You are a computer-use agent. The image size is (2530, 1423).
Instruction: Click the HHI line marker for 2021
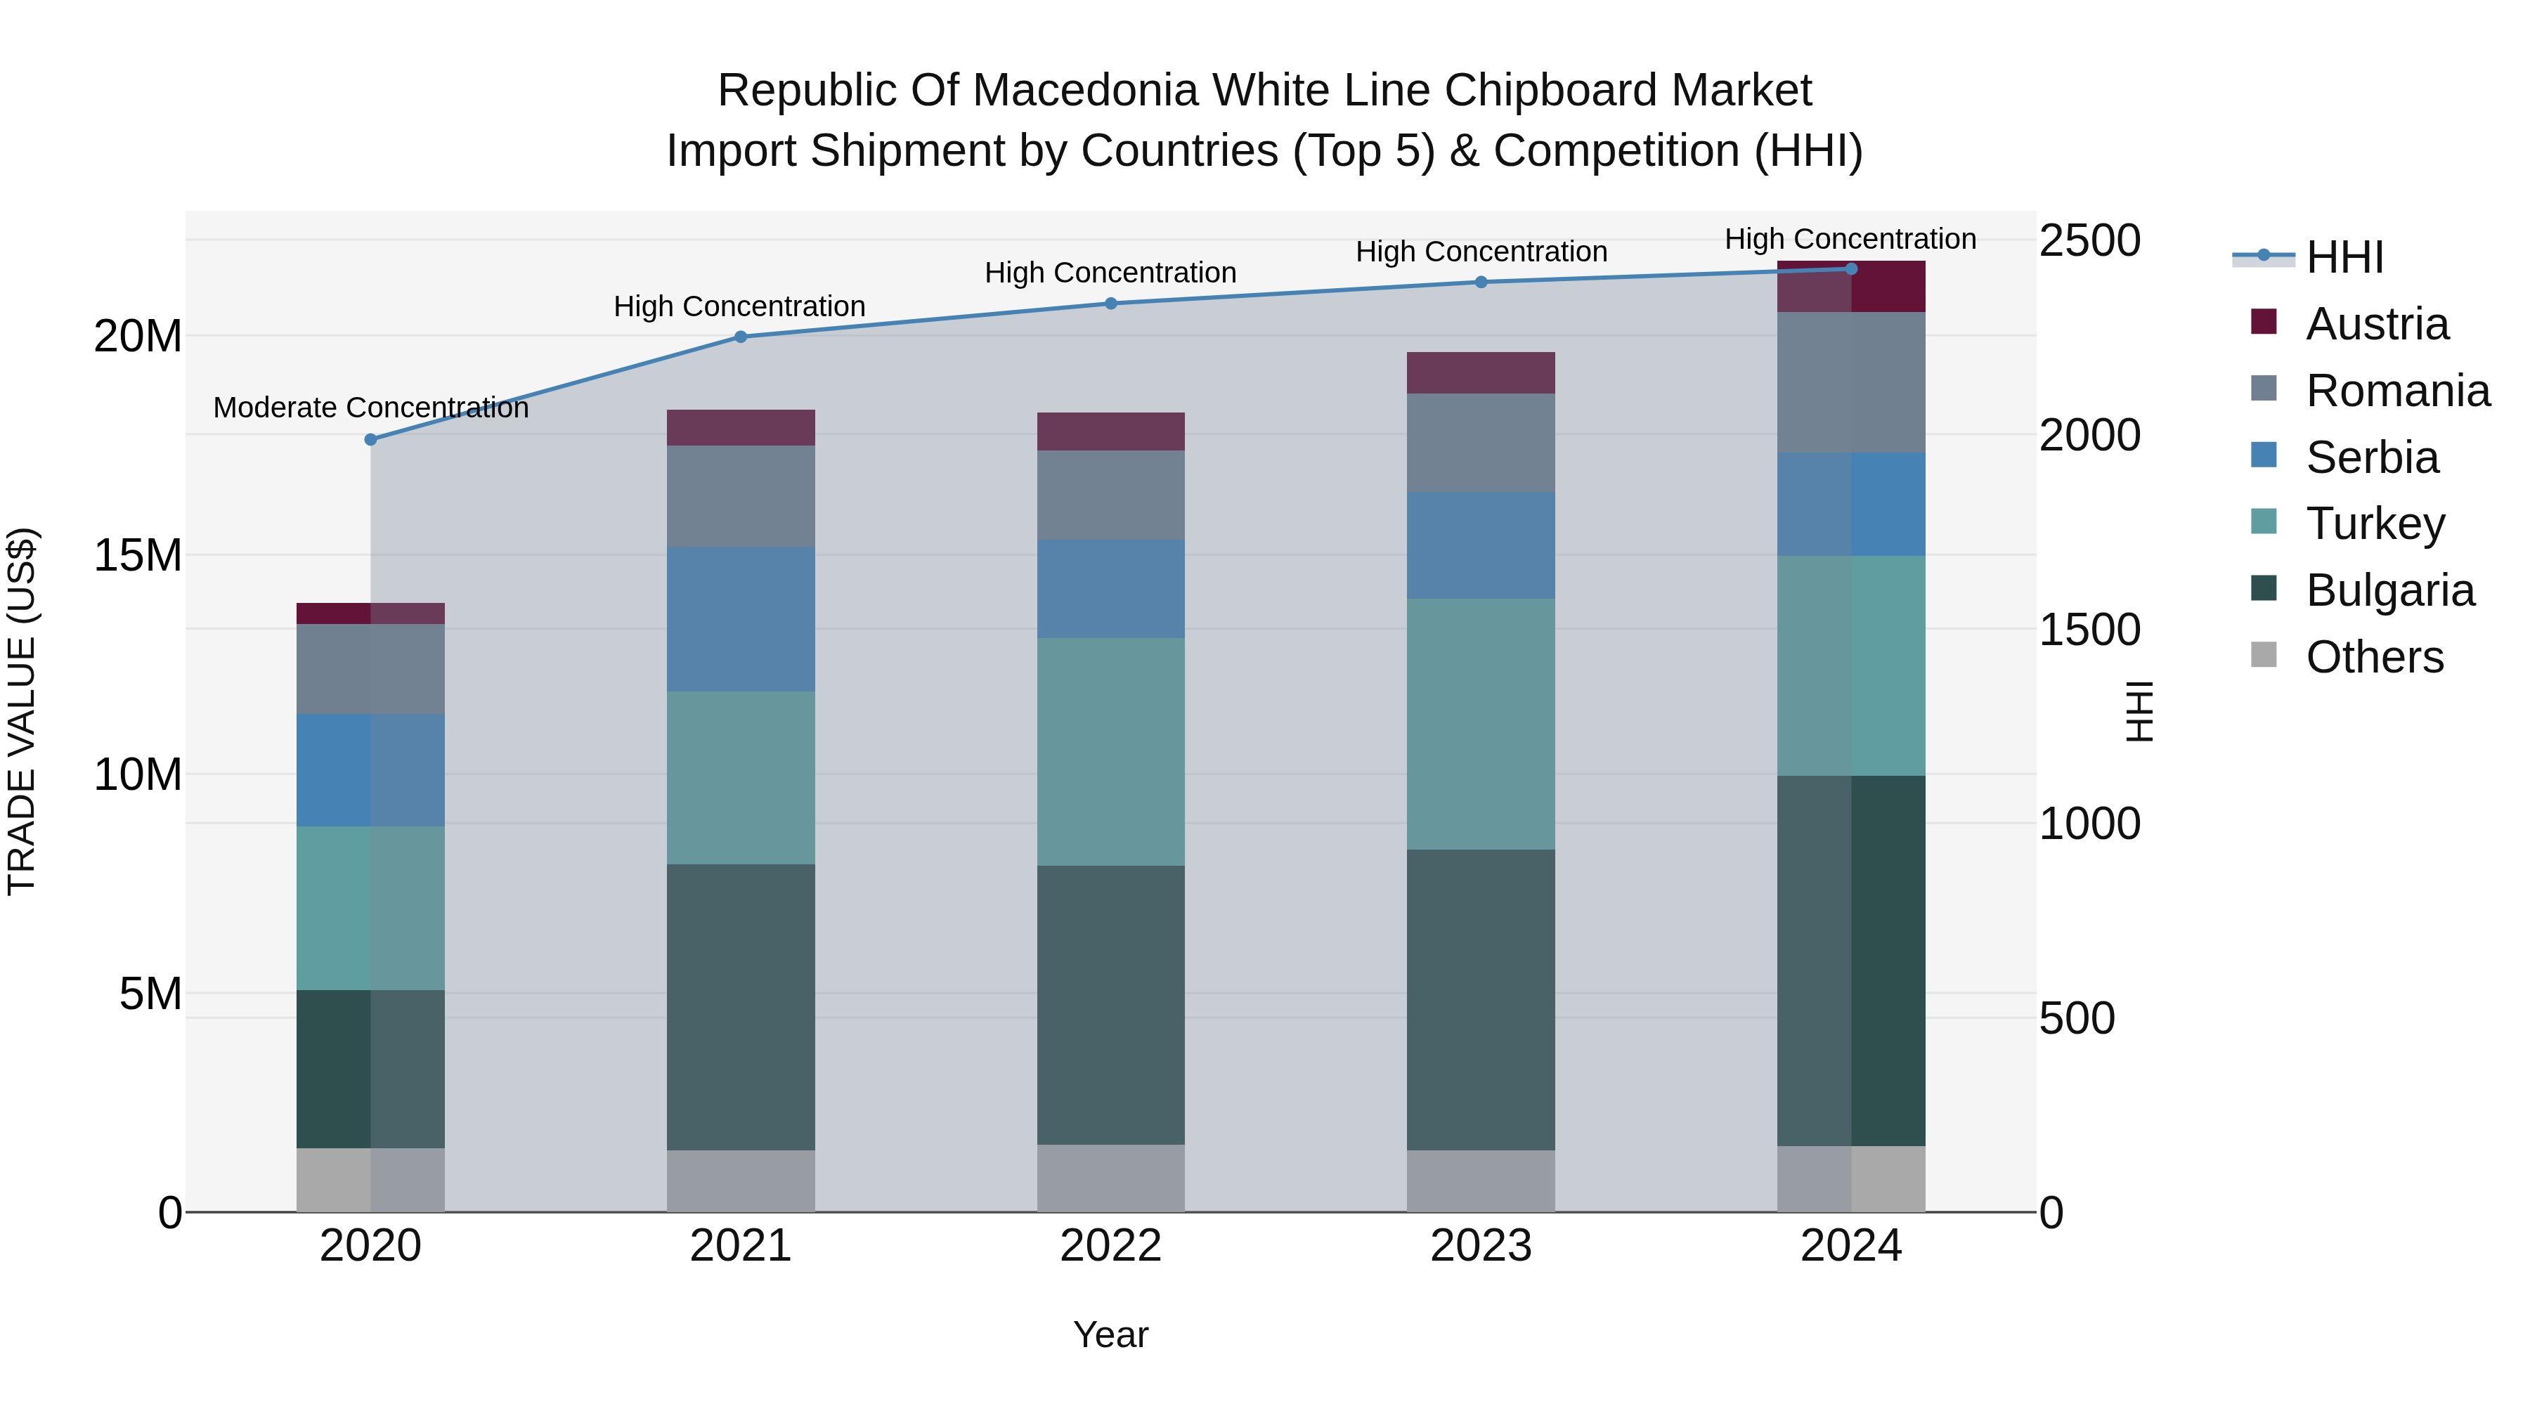(x=741, y=337)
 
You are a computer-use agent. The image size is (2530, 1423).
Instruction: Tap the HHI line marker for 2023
(x=1481, y=282)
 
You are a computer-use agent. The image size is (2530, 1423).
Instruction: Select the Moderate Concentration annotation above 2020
(x=370, y=408)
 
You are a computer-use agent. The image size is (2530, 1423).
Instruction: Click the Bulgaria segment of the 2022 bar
(x=1111, y=1005)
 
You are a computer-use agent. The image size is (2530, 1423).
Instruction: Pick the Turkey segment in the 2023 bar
(x=1481, y=724)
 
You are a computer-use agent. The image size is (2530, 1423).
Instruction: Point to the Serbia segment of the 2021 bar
(x=741, y=618)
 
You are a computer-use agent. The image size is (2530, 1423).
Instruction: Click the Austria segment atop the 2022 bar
(x=1111, y=431)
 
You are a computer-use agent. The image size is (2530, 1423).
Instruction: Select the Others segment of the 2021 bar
(x=741, y=1181)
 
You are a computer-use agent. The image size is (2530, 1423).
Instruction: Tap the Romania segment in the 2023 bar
(x=1481, y=443)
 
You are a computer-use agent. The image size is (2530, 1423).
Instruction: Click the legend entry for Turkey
(x=2375, y=524)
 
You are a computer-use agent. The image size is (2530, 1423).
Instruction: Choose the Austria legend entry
(x=2377, y=324)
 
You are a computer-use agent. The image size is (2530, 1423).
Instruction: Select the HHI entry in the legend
(x=2343, y=257)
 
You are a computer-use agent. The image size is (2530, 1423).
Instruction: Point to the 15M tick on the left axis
(x=138, y=556)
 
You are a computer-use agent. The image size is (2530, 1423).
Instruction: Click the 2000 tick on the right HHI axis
(x=2089, y=435)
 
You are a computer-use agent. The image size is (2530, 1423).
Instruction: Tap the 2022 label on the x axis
(x=1111, y=1246)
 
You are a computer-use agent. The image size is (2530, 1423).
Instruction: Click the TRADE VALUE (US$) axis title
(x=22, y=711)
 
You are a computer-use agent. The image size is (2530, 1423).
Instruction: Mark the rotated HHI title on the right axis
(x=2138, y=711)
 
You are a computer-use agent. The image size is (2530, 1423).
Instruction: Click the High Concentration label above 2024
(x=1850, y=239)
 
